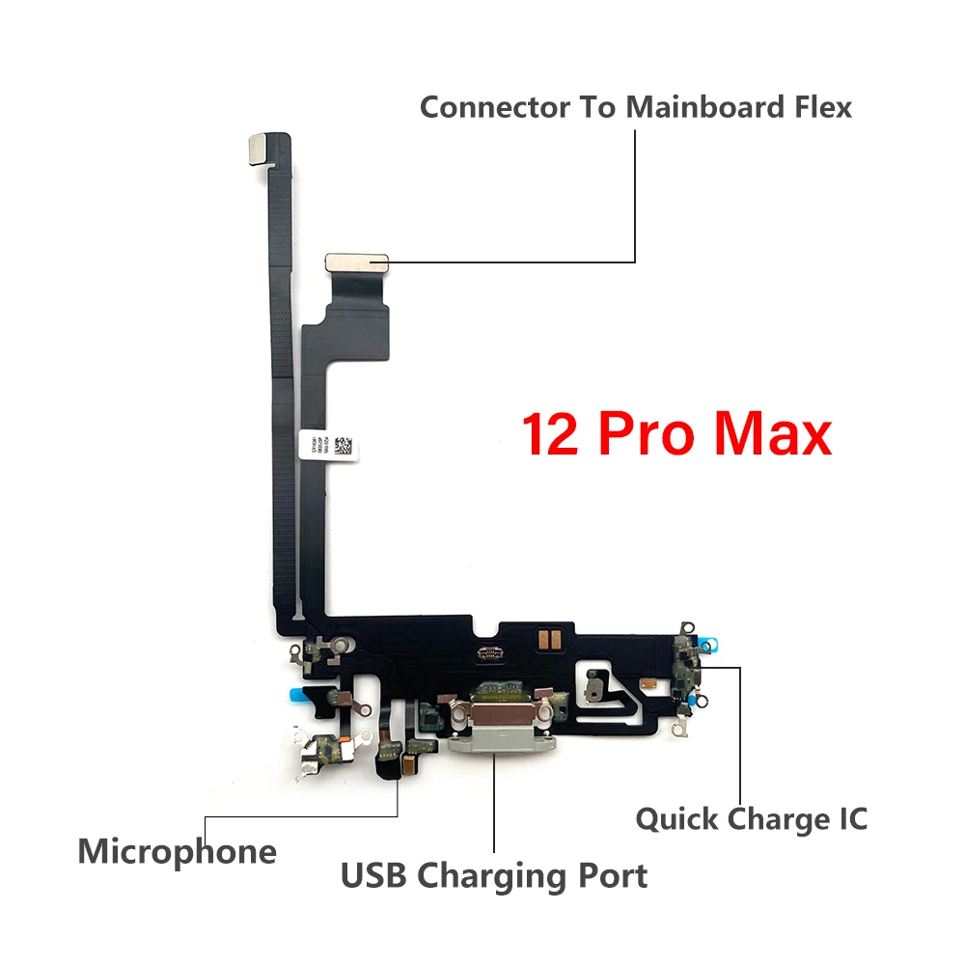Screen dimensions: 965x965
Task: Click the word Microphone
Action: (177, 852)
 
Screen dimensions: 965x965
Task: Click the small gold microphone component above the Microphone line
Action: (408, 766)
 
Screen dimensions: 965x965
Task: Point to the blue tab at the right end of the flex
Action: (709, 642)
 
